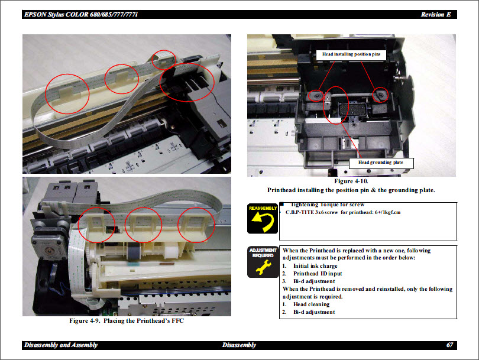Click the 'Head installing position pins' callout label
pyautogui.click(x=351, y=54)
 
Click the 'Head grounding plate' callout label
pyautogui.click(x=381, y=162)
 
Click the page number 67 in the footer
pyautogui.click(x=451, y=345)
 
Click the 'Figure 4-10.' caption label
pyautogui.click(x=351, y=181)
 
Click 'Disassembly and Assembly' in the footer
pyautogui.click(x=60, y=345)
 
